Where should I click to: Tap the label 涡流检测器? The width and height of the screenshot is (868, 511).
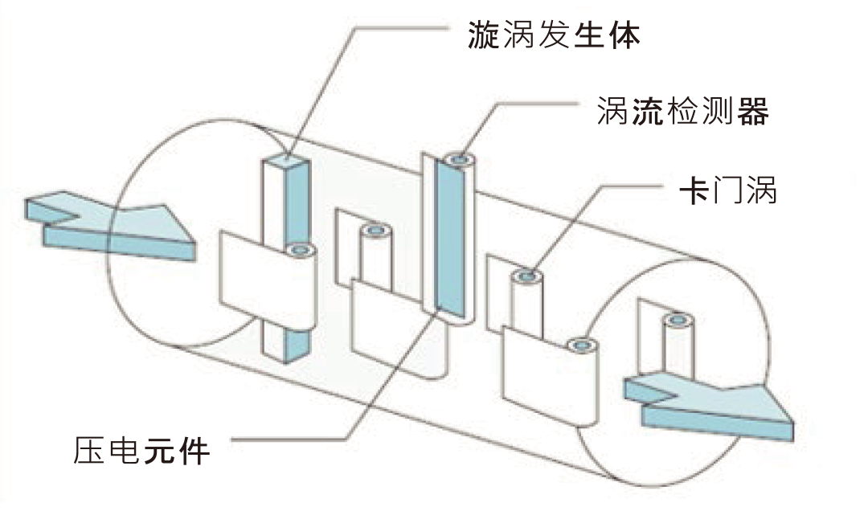[683, 112]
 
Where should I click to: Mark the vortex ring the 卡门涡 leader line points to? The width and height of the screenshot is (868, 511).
[526, 277]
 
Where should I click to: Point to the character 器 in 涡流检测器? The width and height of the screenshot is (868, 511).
[753, 112]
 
